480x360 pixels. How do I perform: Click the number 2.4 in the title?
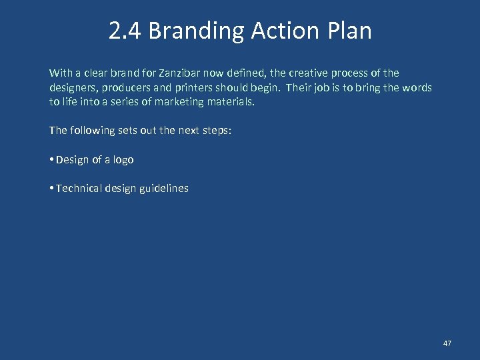(125, 31)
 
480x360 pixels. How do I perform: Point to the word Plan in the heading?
(347, 31)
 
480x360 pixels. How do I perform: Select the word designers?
(72, 88)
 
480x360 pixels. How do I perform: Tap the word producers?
(126, 88)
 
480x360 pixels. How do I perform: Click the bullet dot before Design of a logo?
(51, 160)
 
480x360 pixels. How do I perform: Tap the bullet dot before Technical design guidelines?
(51, 189)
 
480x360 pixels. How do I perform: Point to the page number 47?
(447, 343)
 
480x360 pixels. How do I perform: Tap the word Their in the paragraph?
(299, 88)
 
